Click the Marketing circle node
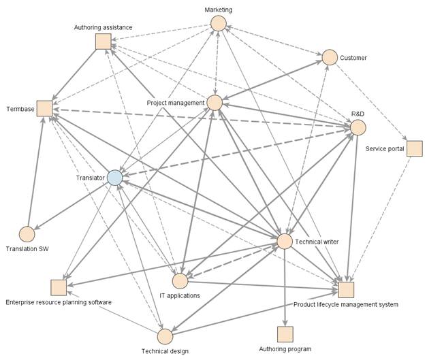coord(218,24)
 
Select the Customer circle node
coord(330,58)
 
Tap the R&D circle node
coord(358,127)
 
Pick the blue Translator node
coord(114,178)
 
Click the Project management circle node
coord(215,103)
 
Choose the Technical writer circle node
coord(285,242)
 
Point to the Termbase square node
coord(45,109)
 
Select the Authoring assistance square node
coord(104,42)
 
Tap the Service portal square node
coord(415,148)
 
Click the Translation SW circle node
coord(27,234)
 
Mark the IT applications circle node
coord(180,280)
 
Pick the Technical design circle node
coord(165,336)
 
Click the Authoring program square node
coord(285,335)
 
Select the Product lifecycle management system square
coord(346,289)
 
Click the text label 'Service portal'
coord(385,148)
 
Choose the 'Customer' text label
coord(353,58)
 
